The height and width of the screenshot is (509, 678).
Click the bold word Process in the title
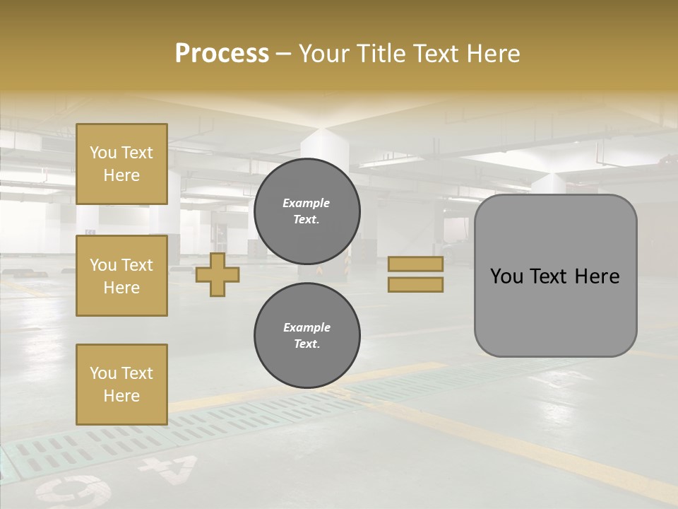click(222, 53)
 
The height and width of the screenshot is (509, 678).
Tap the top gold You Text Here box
click(121, 163)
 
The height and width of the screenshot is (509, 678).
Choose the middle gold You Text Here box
click(121, 276)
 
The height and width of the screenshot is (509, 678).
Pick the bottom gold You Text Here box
click(121, 384)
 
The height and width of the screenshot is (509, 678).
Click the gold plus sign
click(218, 275)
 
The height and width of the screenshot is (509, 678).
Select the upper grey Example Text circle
click(307, 211)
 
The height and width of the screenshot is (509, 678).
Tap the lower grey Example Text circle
click(307, 335)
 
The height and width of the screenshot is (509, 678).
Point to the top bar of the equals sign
click(415, 264)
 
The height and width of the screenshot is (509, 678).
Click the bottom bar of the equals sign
click(415, 284)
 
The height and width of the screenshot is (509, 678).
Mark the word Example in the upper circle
click(306, 203)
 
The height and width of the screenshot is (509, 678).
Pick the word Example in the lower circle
click(307, 327)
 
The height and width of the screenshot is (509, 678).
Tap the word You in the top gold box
click(102, 153)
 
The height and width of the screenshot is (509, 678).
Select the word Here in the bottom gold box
click(121, 396)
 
